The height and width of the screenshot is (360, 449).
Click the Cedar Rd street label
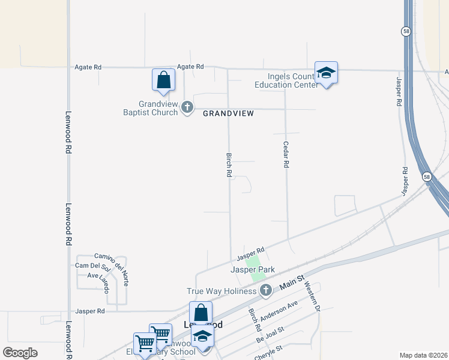coord(286,155)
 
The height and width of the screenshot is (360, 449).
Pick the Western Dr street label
coord(313,296)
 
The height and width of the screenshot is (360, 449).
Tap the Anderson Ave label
coord(280,310)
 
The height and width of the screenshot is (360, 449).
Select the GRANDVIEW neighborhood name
coord(228,113)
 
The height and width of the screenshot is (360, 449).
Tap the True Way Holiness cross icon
coord(266,291)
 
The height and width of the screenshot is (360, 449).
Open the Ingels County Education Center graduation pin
coord(326,74)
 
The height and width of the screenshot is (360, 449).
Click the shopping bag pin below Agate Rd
coord(163,80)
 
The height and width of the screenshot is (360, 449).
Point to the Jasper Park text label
coord(253,269)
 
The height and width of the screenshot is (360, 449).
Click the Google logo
coord(20,353)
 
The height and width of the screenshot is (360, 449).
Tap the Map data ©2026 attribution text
coord(423,355)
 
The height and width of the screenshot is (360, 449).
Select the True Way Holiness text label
coord(222,291)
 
